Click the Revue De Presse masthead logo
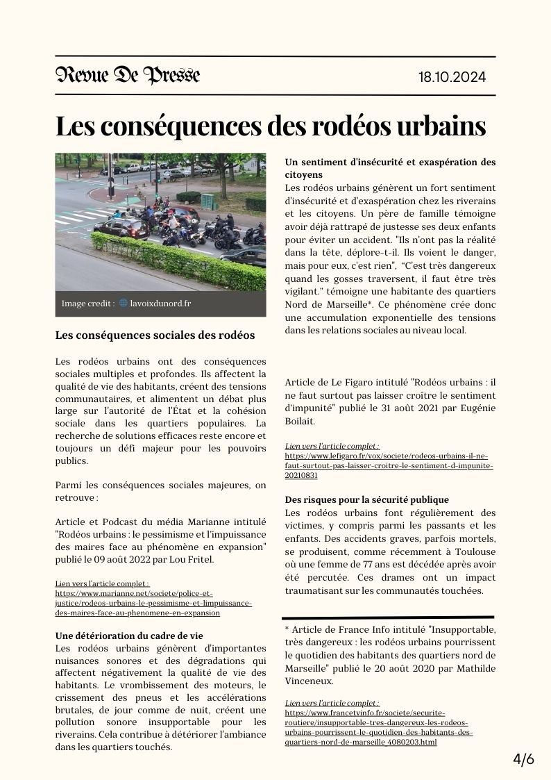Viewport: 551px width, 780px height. click(128, 75)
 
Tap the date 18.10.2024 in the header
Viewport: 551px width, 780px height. click(452, 76)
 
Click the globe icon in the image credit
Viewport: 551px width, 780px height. click(124, 303)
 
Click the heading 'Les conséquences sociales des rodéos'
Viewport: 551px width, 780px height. click(155, 335)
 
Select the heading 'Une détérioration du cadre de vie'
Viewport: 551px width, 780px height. click(128, 635)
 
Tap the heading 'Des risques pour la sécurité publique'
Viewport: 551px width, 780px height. click(367, 499)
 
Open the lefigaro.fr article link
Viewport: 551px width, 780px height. click(389, 466)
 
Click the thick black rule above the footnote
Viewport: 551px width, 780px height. click(389, 617)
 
